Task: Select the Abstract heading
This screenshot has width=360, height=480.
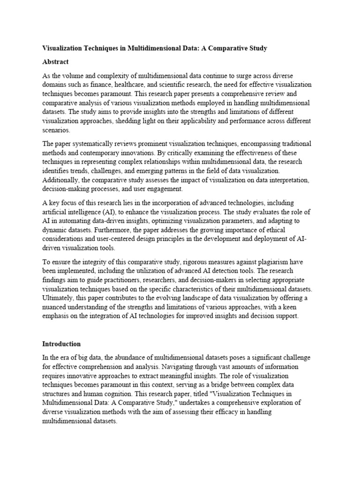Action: point(56,62)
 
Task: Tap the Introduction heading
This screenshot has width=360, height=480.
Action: point(62,344)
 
